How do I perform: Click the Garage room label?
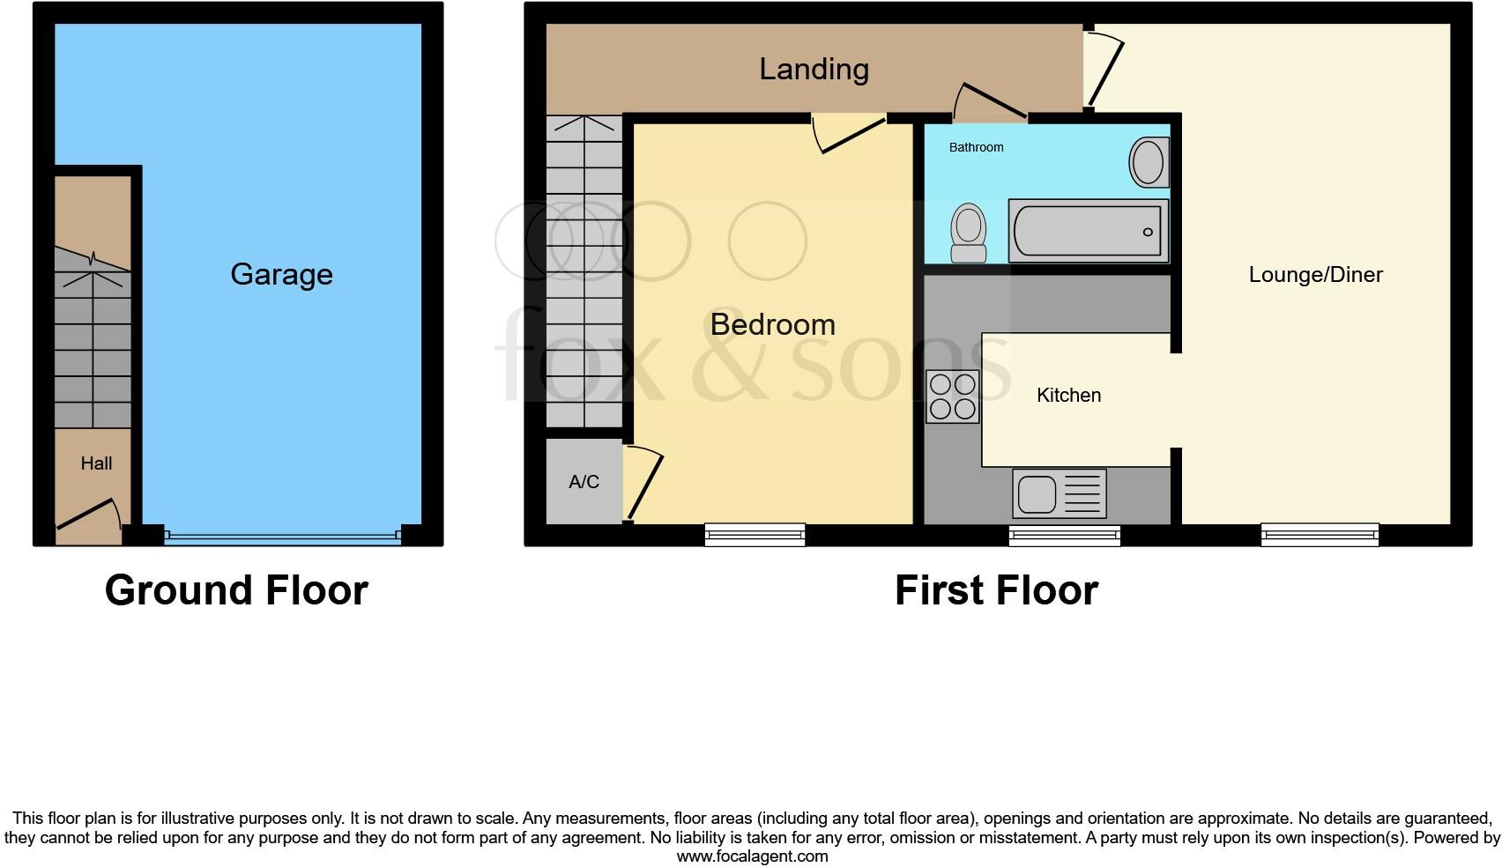pyautogui.click(x=281, y=274)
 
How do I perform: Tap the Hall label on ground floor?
pyautogui.click(x=96, y=463)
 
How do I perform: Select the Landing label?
pyautogui.click(x=814, y=69)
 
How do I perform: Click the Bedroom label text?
pyautogui.click(x=772, y=324)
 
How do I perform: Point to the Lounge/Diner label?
pyautogui.click(x=1315, y=275)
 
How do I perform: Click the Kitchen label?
pyautogui.click(x=1068, y=396)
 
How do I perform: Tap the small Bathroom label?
pyautogui.click(x=976, y=147)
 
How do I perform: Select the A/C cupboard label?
pyautogui.click(x=584, y=482)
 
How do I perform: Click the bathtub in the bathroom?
pyautogui.click(x=1088, y=231)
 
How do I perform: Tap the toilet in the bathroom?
pyautogui.click(x=969, y=233)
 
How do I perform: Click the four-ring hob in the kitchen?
pyautogui.click(x=953, y=396)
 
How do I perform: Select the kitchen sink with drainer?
pyautogui.click(x=1060, y=493)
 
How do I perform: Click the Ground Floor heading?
pyautogui.click(x=236, y=590)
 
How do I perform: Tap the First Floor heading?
pyautogui.click(x=996, y=590)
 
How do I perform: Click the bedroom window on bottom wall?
pyautogui.click(x=755, y=534)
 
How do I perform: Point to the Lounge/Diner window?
pyautogui.click(x=1319, y=534)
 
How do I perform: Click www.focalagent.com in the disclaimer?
pyautogui.click(x=752, y=856)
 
